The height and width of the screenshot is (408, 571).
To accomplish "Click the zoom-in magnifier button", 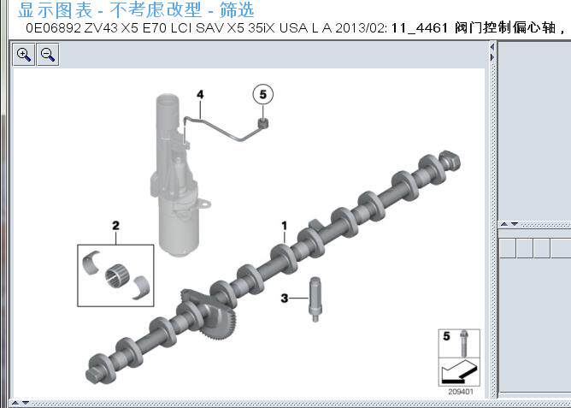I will click(24, 55).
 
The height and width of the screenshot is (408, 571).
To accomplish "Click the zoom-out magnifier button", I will click(48, 55).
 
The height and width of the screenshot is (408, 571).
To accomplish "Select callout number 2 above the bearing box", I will click(115, 226).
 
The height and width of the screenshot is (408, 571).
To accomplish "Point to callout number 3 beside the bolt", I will click(285, 297).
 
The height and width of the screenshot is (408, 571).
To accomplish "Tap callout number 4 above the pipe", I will click(199, 93).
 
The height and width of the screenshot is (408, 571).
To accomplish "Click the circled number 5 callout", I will click(263, 94).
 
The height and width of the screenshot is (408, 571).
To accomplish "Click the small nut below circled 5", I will click(264, 123).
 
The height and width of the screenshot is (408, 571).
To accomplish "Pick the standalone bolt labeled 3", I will click(315, 298).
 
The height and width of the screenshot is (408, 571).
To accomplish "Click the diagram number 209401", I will click(459, 392).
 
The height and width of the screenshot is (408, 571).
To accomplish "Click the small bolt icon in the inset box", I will click(462, 342).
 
